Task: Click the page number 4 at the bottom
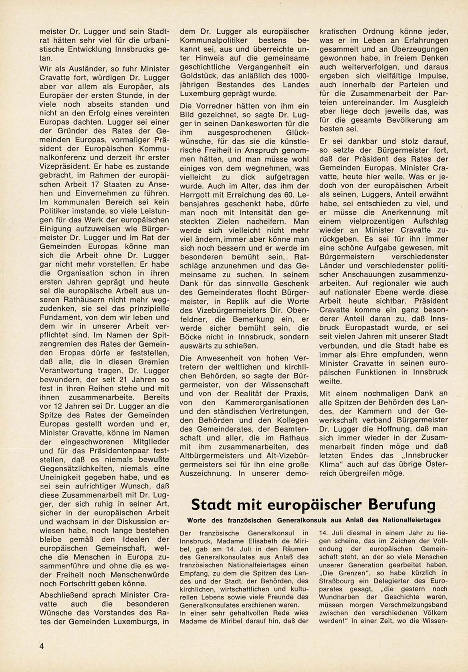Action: coord(42,646)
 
